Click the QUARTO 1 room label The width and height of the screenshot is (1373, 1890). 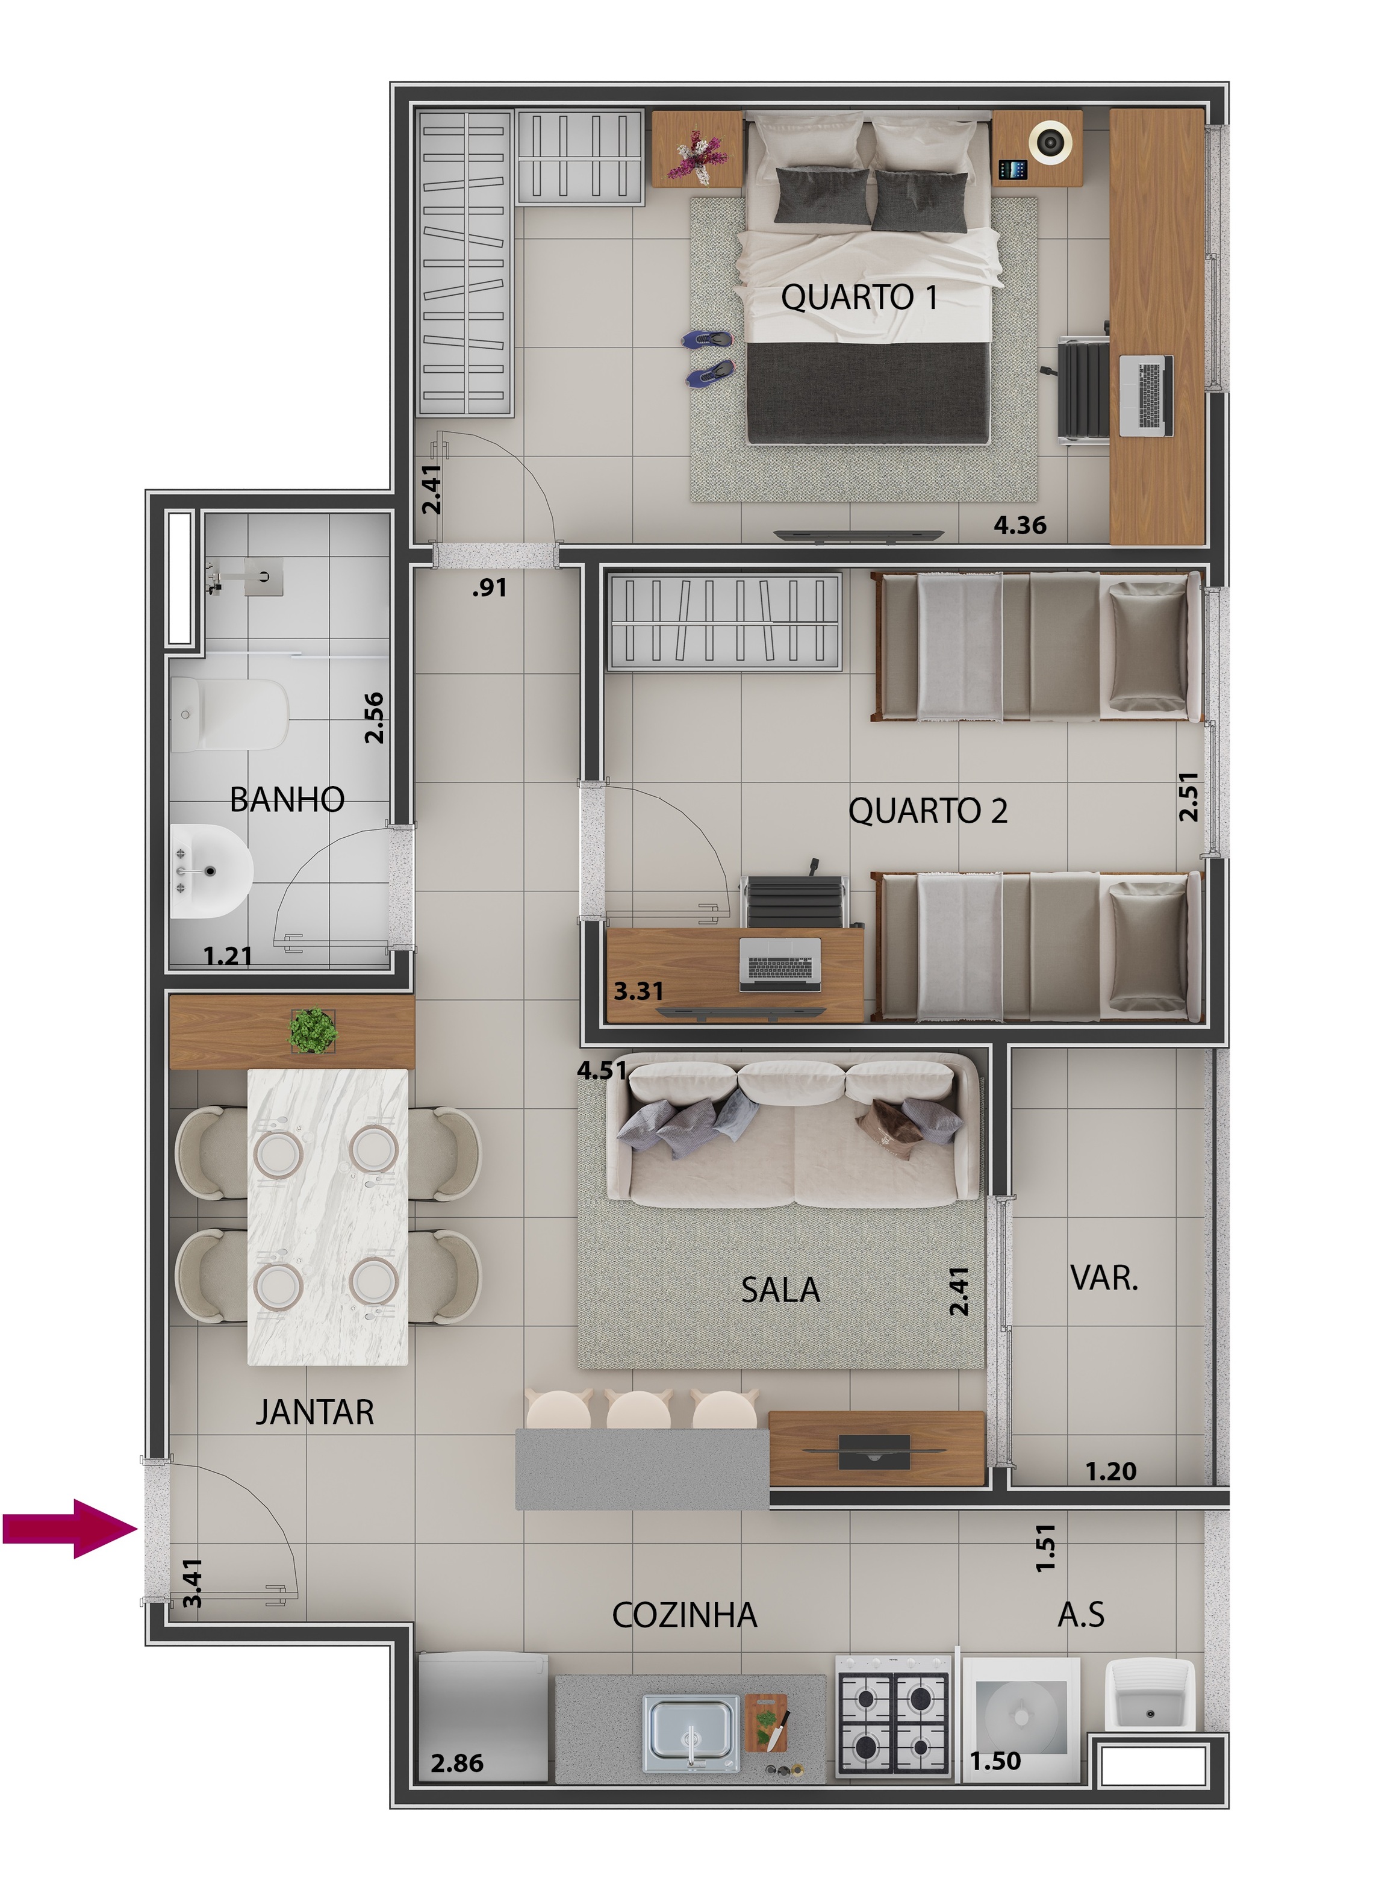point(859,298)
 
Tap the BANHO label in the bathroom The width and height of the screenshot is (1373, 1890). point(287,799)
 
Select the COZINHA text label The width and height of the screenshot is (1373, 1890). point(684,1615)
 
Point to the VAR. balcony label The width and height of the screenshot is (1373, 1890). point(1104,1277)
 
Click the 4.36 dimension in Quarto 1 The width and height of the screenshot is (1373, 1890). point(1019,525)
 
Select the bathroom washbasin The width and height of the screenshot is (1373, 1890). point(208,871)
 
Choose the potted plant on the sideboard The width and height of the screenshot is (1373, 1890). point(313,1031)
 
